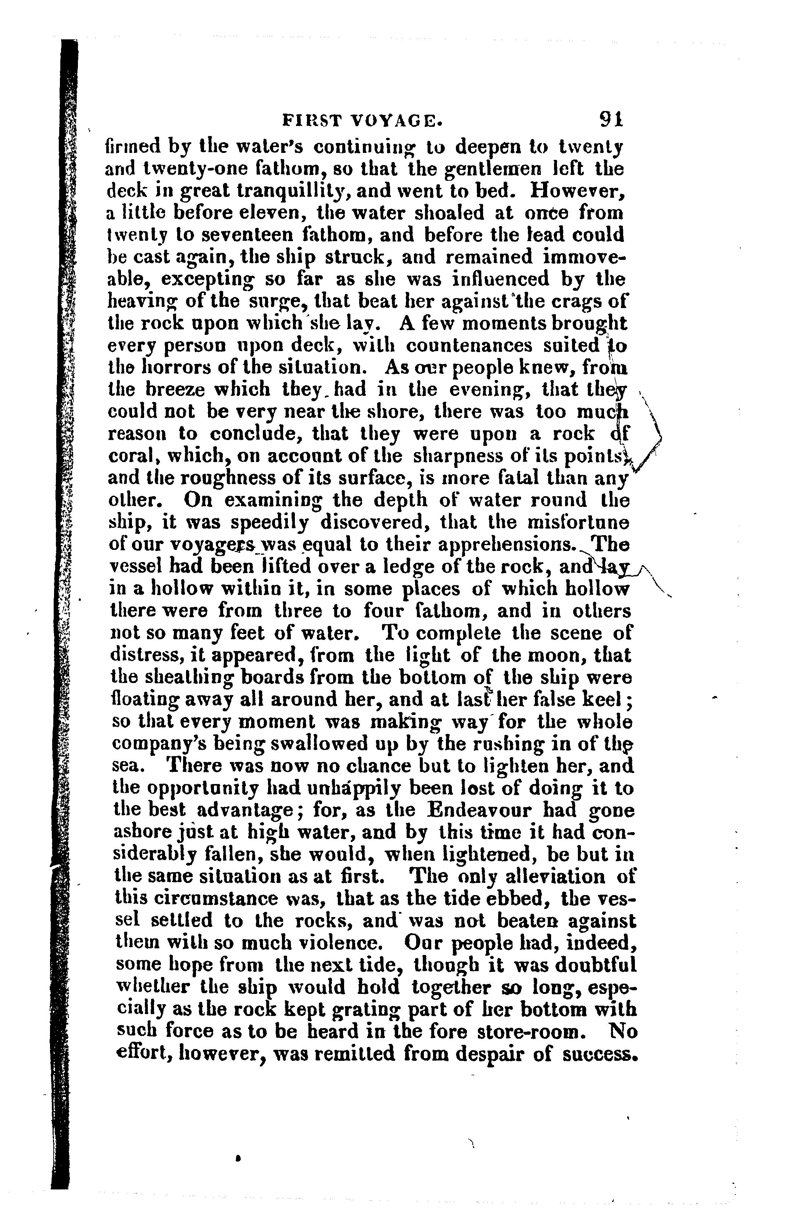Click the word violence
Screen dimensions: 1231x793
[x=334, y=943]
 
